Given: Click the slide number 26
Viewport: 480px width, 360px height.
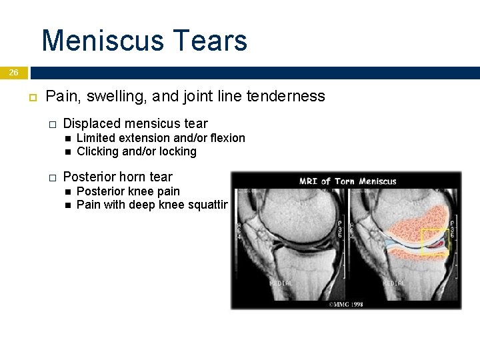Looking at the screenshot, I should [14, 72].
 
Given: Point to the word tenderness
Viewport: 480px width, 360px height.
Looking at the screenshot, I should [285, 97].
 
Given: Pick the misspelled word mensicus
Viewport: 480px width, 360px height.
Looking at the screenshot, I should [152, 123].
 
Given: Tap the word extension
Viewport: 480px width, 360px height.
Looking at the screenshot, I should [147, 138].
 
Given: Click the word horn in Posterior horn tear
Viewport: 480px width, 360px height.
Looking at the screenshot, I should [131, 177].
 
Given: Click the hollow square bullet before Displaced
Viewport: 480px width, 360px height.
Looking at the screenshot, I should [52, 124].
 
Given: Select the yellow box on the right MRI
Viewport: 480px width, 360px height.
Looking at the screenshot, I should [435, 241].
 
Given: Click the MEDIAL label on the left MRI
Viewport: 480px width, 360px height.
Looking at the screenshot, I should [281, 283].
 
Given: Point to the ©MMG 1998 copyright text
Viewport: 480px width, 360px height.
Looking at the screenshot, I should [347, 304].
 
